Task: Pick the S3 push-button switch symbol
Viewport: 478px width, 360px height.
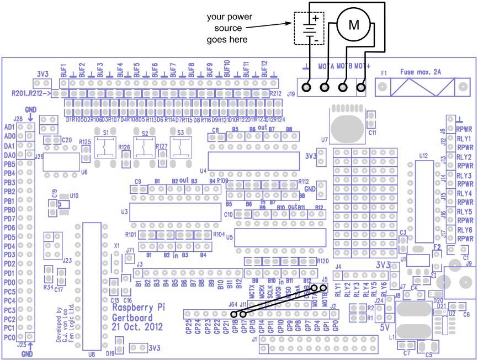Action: pos(180,146)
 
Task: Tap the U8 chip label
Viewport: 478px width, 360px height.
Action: pos(91,354)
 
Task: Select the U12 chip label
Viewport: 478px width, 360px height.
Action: pos(423,156)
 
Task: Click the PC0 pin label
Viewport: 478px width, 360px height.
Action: pos(9,337)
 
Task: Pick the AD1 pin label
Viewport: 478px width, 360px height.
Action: pos(9,127)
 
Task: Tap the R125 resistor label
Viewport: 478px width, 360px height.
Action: pos(85,142)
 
